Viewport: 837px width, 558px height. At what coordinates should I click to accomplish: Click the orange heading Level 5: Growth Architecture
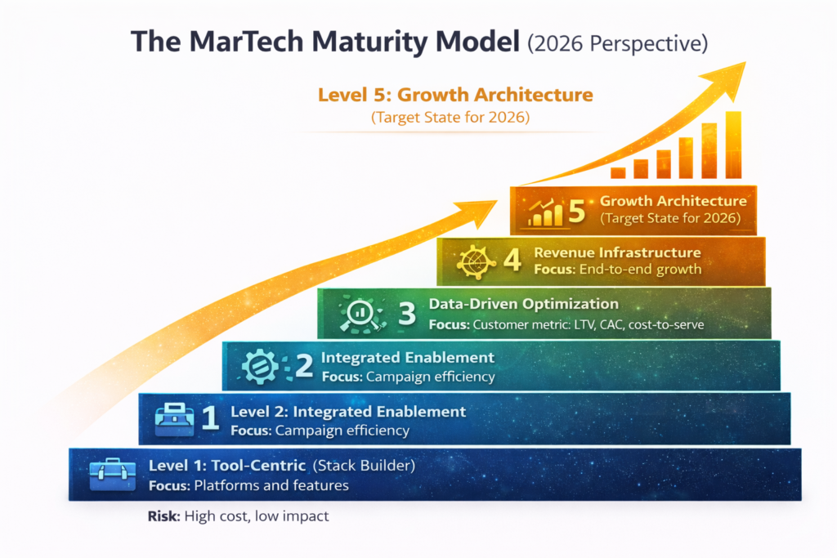(x=454, y=95)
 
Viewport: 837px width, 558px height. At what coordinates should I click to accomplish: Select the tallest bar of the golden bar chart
(x=733, y=144)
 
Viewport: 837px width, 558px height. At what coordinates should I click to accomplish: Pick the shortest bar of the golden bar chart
(x=618, y=172)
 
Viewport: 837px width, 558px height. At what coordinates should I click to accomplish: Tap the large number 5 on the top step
(x=577, y=212)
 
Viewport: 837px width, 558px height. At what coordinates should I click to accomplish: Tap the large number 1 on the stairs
(x=209, y=417)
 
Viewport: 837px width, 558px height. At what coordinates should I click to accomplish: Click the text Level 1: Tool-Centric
(x=226, y=466)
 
